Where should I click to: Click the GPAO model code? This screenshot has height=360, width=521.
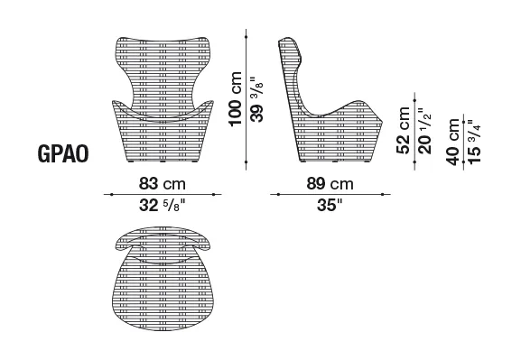(63, 153)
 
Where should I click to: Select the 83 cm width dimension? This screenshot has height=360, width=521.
(163, 183)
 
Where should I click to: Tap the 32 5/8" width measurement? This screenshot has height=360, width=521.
(162, 206)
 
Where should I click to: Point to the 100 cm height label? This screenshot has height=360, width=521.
(236, 98)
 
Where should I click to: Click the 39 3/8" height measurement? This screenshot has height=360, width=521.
(256, 99)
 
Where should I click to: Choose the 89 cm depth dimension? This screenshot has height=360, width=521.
(330, 183)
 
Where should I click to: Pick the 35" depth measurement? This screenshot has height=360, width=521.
(330, 206)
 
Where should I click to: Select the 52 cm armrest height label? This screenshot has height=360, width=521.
(404, 130)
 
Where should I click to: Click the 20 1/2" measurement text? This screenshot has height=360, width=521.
(424, 131)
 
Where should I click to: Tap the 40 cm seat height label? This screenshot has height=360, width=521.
(453, 142)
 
